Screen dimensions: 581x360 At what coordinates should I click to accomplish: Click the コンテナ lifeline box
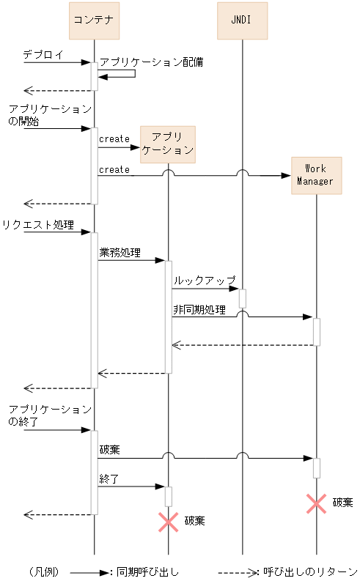coord(94,21)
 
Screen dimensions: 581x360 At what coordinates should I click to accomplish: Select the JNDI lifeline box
coord(242,21)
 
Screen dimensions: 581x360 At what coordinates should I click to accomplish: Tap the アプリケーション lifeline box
coord(168,144)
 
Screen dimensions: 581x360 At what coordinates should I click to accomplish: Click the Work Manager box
coord(316,175)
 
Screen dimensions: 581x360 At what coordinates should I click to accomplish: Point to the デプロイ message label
coord(43,54)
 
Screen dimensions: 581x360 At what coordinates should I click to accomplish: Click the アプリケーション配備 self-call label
coord(151,62)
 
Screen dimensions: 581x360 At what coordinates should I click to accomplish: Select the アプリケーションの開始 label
coord(50,116)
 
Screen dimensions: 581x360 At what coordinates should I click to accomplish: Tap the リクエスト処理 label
coord(38,224)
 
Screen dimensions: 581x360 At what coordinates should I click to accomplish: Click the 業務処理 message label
coord(120,252)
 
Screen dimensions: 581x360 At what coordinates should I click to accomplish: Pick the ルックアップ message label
coord(205,281)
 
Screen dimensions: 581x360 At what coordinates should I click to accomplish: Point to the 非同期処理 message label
coord(199,310)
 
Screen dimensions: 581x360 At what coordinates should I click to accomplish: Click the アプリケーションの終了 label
coord(50,415)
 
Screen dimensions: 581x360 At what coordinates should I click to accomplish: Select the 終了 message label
coord(109,478)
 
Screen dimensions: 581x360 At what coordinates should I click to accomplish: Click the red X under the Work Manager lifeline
coord(316,503)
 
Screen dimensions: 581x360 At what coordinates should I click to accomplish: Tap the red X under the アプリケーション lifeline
coord(169,521)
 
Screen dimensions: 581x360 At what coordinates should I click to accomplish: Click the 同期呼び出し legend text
coord(147,571)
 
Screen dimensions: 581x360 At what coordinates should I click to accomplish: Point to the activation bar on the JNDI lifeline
coord(242,298)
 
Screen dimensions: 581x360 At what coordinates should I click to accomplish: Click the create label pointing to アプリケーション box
coord(114,139)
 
